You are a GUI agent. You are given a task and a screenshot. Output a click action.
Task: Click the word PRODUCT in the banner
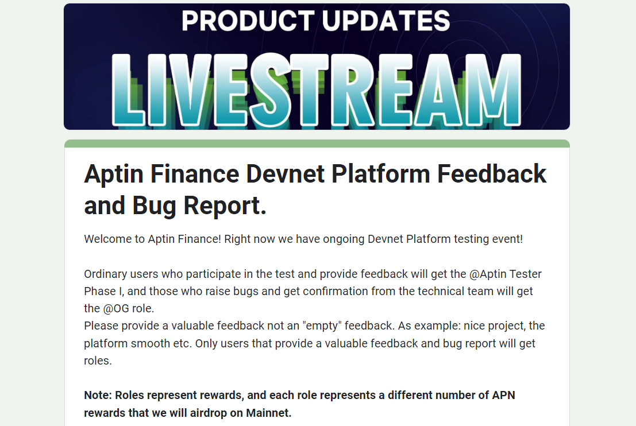click(x=248, y=21)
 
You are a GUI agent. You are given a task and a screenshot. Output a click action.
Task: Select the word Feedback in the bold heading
click(x=492, y=175)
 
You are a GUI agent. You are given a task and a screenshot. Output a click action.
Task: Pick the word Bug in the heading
click(x=154, y=206)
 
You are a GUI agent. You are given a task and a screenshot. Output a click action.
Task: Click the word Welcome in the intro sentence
click(x=109, y=239)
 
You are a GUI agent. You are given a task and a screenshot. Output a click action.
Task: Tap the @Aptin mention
click(x=488, y=274)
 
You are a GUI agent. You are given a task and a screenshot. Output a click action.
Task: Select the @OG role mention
click(x=116, y=309)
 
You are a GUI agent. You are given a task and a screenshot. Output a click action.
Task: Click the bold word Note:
click(x=98, y=395)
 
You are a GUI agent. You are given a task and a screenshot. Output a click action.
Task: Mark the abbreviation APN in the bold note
click(x=503, y=395)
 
